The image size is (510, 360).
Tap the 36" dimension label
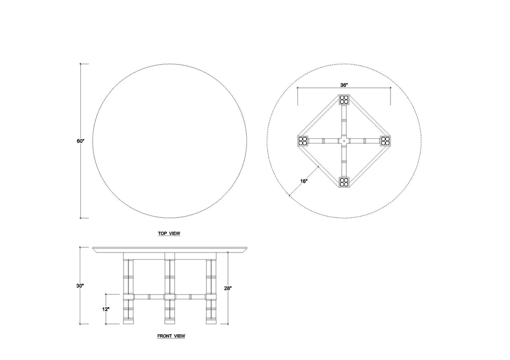344,85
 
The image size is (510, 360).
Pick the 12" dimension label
105,309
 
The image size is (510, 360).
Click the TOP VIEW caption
169,233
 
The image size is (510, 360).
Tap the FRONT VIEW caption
171,336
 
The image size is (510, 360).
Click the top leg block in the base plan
344,100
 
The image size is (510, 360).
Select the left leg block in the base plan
303,140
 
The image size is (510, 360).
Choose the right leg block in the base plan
385,140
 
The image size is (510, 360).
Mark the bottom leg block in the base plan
344,182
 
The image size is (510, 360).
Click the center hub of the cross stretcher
344,140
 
